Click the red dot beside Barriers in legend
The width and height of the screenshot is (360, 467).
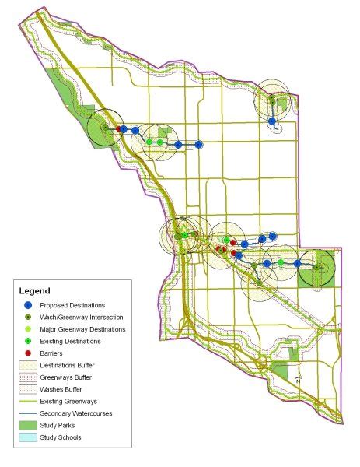click(x=29, y=353)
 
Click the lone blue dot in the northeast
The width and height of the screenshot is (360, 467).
click(x=272, y=121)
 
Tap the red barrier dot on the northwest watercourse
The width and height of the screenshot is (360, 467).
click(x=118, y=129)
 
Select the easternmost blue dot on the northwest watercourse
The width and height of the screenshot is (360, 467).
click(x=198, y=144)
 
